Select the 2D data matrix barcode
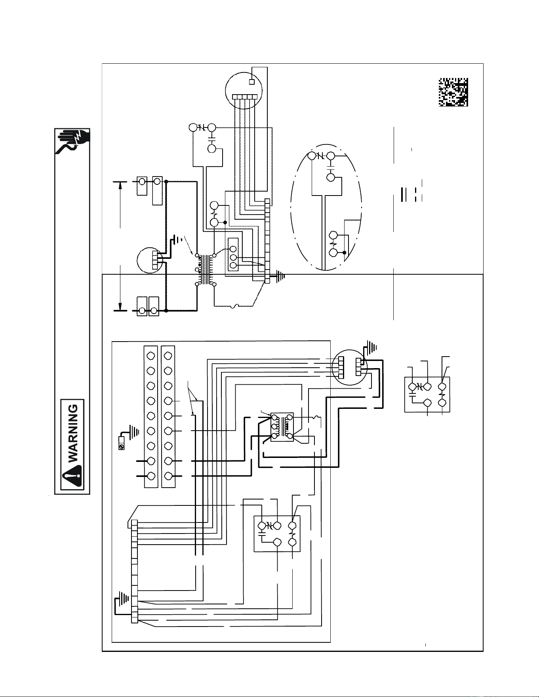[x=453, y=92]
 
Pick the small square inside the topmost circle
[x=251, y=82]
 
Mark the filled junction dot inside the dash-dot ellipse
[x=345, y=253]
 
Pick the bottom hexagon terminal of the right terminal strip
[x=168, y=476]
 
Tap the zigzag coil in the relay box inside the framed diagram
[x=293, y=534]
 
